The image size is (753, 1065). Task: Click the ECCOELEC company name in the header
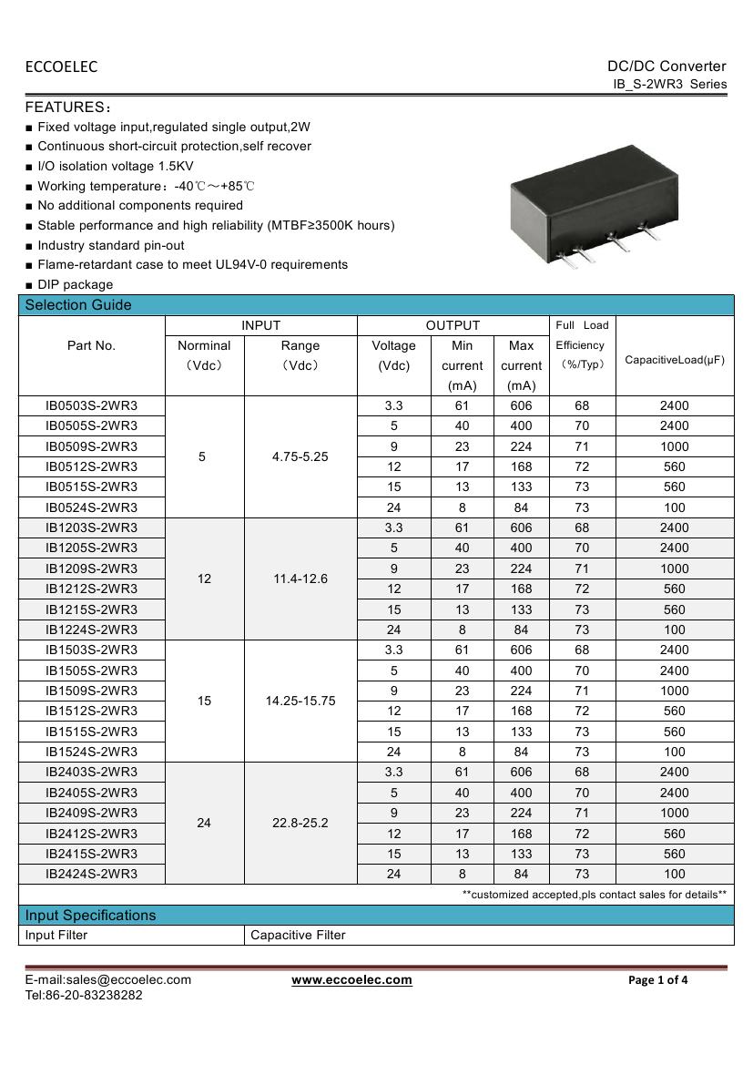[x=61, y=67]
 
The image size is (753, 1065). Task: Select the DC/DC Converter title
[x=667, y=66]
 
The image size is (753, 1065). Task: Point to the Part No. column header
[x=91, y=345]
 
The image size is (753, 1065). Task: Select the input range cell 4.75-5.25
[x=300, y=456]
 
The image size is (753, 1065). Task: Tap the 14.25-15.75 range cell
[x=300, y=701]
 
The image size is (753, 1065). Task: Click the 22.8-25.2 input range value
[x=300, y=823]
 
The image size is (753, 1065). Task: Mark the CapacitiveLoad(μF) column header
[x=675, y=360]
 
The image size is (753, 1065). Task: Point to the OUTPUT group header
[x=453, y=325]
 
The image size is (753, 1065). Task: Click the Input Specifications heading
[x=90, y=915]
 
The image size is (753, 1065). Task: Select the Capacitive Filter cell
[x=298, y=935]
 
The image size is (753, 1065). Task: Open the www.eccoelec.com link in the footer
[x=351, y=980]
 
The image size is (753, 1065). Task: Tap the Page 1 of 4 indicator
[x=658, y=980]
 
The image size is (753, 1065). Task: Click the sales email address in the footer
[x=107, y=979]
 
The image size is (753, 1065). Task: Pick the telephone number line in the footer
[x=83, y=995]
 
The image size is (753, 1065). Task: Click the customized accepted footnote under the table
[x=594, y=895]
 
